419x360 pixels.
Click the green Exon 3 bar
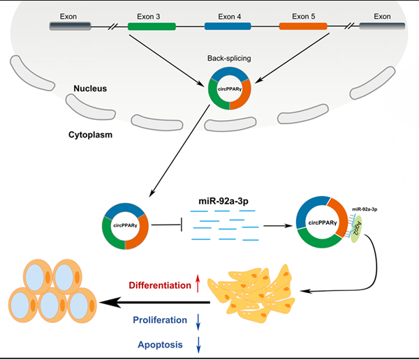coord(152,26)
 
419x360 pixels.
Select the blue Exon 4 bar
coord(228,26)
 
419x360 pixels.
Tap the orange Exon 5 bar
coord(303,26)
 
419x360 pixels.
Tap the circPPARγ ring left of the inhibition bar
coord(125,227)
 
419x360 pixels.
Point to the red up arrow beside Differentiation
coord(198,284)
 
